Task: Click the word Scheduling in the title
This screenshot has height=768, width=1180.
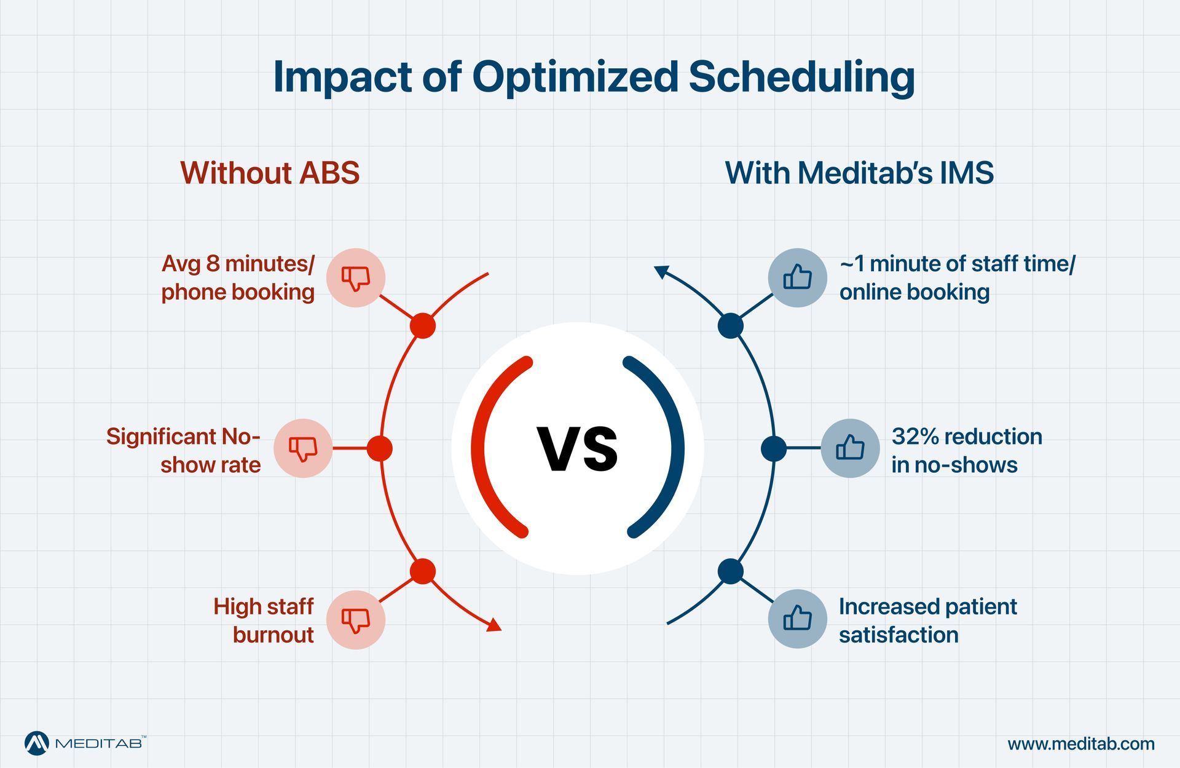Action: [801, 77]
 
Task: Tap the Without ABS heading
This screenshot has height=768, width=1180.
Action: [270, 173]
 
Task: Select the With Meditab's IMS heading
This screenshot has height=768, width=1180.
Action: [859, 173]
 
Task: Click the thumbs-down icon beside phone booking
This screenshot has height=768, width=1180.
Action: [356, 278]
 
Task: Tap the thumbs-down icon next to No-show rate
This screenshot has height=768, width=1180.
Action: [303, 448]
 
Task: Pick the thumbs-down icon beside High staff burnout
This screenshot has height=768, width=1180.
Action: [356, 620]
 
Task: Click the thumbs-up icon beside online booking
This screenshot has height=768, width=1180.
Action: [797, 278]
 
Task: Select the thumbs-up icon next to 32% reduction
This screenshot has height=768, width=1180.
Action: [850, 448]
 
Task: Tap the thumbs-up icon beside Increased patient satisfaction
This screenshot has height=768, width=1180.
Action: [797, 619]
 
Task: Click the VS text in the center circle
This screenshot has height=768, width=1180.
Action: [578, 449]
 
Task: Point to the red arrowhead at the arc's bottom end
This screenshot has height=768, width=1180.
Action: [495, 627]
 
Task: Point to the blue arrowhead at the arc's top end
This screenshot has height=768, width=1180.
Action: [661, 271]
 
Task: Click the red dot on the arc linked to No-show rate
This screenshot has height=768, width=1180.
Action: [380, 448]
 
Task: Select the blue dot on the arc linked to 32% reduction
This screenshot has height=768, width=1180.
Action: [774, 448]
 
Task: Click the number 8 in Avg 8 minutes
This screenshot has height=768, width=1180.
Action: [213, 264]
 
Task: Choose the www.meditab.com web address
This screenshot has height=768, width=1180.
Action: [1081, 744]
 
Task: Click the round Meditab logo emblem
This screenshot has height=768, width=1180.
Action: [37, 743]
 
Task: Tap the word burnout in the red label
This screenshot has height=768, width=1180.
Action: [273, 635]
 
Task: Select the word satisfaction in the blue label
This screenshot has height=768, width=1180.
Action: [899, 635]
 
